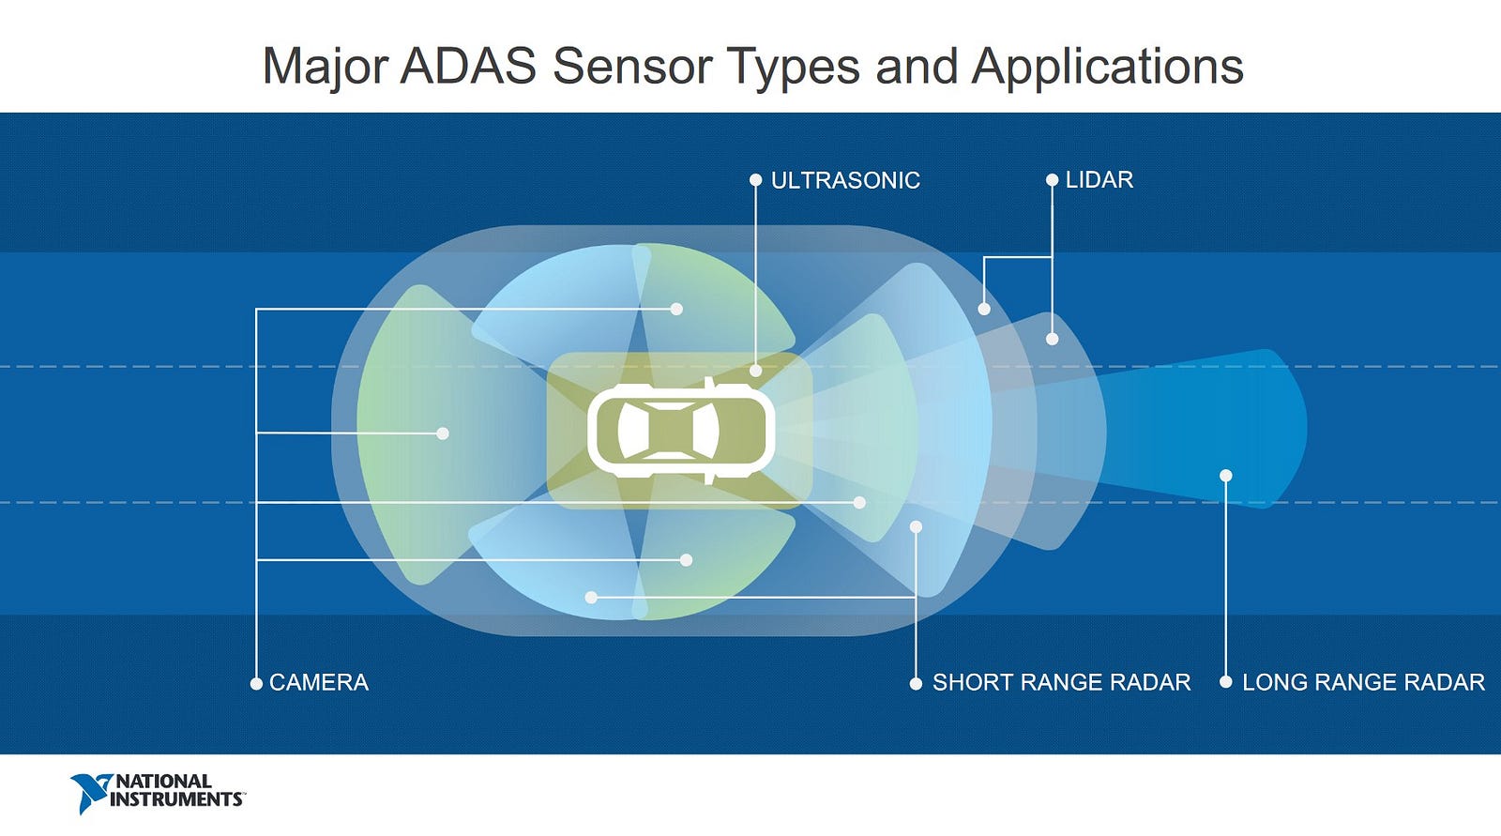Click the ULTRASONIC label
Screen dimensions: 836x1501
click(844, 180)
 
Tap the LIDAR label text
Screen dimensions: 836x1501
click(1099, 179)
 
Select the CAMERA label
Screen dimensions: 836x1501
click(318, 682)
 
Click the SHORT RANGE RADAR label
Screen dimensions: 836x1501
click(1061, 682)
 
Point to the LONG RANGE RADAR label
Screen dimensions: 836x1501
click(1363, 682)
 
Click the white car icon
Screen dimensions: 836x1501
click(681, 431)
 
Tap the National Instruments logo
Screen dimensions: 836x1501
click(157, 792)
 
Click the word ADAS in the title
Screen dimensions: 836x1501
click(468, 66)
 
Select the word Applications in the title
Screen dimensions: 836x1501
click(1107, 66)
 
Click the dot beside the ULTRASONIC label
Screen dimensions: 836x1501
click(755, 179)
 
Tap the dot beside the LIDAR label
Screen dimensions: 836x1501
click(1052, 179)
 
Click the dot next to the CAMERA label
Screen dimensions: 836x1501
click(256, 683)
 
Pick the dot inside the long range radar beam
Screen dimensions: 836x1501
click(1225, 476)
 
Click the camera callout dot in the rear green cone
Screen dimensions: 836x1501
click(443, 433)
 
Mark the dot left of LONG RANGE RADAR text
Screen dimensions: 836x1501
click(1225, 682)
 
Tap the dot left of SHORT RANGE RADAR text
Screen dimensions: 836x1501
click(916, 683)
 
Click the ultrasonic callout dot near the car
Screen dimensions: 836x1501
click(755, 371)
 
